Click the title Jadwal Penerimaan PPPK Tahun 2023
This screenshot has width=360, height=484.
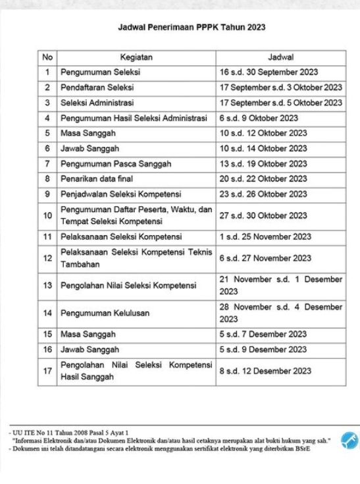[x=192, y=28]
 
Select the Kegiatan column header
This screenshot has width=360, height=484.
[x=136, y=57]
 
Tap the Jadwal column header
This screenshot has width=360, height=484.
[x=281, y=57]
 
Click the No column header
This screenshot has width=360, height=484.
[x=47, y=57]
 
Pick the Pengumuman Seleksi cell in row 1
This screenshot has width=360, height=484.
[x=100, y=72]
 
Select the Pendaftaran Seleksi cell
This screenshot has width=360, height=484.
[x=97, y=88]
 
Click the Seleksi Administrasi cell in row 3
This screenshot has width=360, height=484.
[x=97, y=103]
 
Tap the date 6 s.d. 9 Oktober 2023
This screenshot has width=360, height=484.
[x=259, y=118]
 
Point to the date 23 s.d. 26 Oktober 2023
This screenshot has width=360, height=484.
[x=263, y=194]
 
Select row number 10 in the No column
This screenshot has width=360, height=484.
[x=47, y=215]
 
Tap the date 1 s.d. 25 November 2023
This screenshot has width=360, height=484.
[x=265, y=236]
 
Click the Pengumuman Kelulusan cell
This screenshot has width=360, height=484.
[x=105, y=313]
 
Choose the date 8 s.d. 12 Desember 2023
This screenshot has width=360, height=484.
[x=264, y=371]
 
